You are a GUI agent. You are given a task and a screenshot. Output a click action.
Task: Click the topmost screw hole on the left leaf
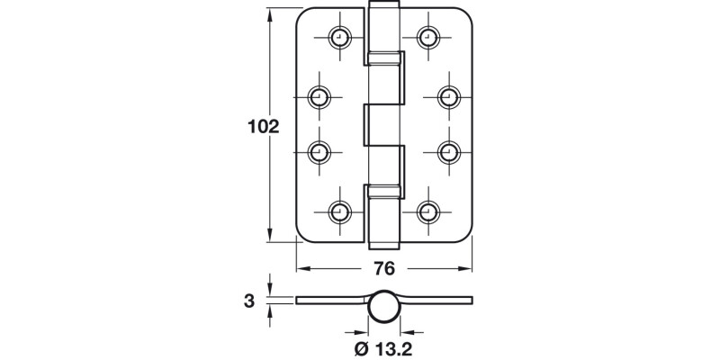click(x=339, y=37)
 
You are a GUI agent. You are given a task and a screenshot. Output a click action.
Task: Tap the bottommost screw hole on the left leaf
click(x=339, y=212)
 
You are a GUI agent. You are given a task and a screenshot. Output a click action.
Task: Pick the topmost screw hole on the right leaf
click(x=428, y=37)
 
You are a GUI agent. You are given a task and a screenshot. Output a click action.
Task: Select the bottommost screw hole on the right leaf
click(x=428, y=212)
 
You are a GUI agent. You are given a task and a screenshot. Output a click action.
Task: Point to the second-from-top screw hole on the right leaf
click(x=448, y=95)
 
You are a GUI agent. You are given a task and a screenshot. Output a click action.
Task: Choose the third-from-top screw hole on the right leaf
click(x=448, y=153)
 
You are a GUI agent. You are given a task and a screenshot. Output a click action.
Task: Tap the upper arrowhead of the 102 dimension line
click(x=269, y=14)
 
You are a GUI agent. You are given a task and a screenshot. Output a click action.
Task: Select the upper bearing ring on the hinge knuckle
click(x=384, y=58)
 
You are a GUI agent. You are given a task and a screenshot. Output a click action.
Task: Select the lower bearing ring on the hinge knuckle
click(x=384, y=191)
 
